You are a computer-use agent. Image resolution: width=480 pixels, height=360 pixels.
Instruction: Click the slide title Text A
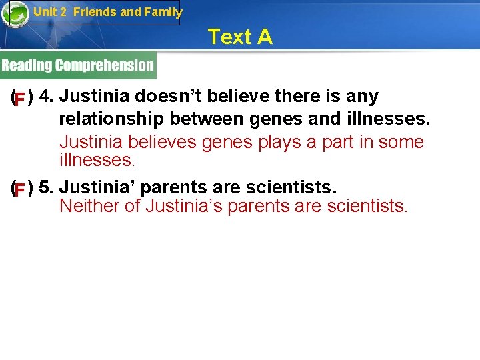[240, 37]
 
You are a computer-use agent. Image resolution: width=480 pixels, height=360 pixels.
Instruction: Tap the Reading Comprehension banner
[78, 65]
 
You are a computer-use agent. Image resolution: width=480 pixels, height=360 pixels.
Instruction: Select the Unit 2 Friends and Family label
[107, 11]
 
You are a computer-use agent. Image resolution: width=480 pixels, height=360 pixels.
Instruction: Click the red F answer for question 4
[20, 99]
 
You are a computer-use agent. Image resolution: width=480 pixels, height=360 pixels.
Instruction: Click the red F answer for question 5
[20, 189]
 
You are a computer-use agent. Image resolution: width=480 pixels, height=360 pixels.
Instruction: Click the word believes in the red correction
[160, 142]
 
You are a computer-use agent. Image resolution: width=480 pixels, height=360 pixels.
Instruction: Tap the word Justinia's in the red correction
[183, 206]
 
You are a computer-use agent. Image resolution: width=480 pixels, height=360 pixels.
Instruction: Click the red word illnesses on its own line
[97, 161]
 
